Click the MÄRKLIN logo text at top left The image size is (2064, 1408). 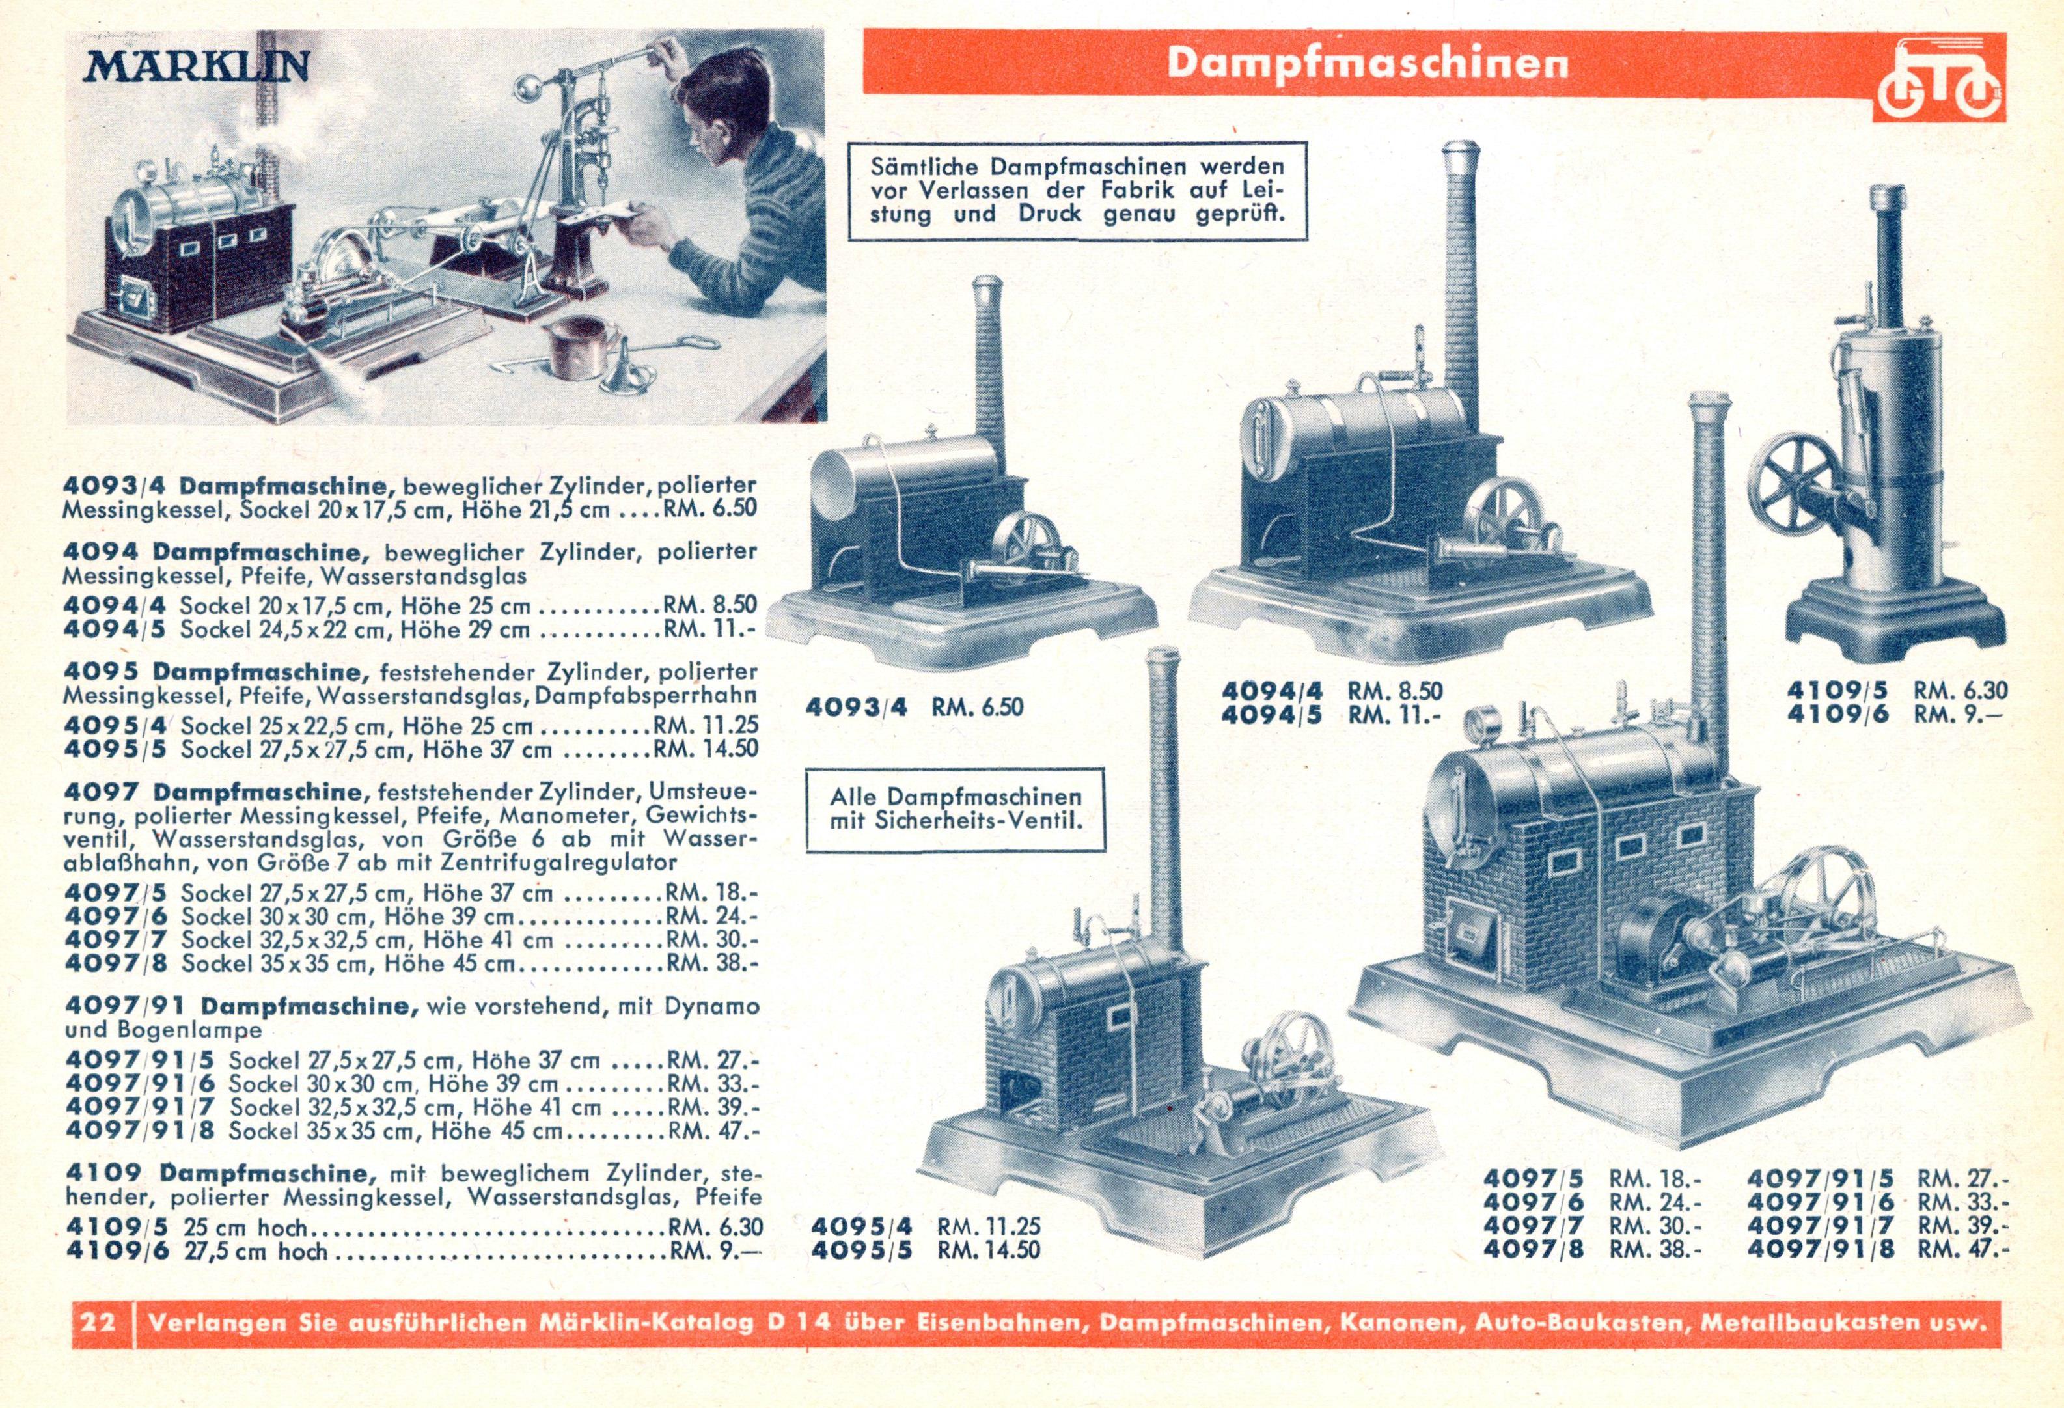click(x=200, y=66)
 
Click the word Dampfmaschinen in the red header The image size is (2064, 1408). click(x=1368, y=62)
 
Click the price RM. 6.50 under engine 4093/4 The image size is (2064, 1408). click(x=977, y=707)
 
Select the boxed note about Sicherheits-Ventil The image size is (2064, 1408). click(x=956, y=808)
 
